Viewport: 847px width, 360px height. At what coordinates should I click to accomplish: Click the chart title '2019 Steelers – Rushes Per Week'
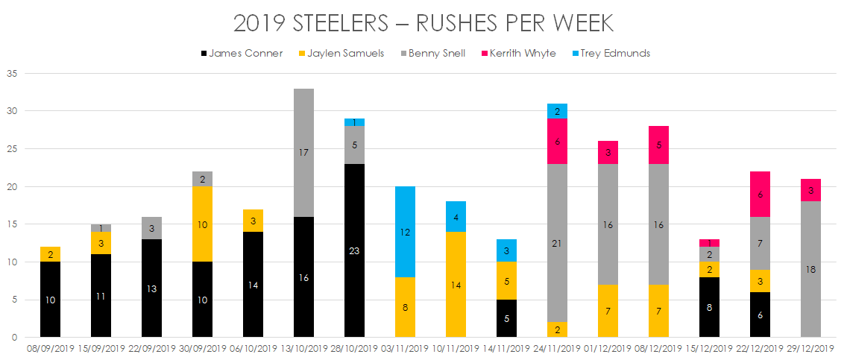point(423,23)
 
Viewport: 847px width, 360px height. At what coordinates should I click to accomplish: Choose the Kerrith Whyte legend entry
point(521,54)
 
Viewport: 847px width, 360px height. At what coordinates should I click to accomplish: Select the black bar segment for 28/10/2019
point(354,250)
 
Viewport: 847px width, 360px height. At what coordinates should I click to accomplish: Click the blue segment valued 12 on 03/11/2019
point(405,232)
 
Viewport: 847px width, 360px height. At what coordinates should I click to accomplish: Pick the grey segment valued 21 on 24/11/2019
point(557,243)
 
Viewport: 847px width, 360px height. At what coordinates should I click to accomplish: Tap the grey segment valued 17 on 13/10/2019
point(303,152)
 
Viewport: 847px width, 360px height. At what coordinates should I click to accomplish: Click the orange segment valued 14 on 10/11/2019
point(456,284)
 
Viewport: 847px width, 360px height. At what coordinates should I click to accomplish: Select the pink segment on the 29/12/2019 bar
point(810,190)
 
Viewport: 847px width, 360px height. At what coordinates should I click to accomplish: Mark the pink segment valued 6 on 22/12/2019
point(760,194)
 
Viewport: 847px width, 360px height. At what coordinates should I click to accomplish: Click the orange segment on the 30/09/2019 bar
point(202,224)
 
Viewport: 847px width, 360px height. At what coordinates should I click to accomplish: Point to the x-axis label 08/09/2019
point(50,349)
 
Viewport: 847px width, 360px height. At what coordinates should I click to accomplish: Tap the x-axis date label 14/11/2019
point(506,349)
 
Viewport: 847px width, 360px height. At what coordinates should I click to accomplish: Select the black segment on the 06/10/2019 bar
point(253,284)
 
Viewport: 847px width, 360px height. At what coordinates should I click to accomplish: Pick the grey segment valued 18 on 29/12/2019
point(810,269)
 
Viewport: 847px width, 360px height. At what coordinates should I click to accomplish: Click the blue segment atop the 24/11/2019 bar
point(557,111)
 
